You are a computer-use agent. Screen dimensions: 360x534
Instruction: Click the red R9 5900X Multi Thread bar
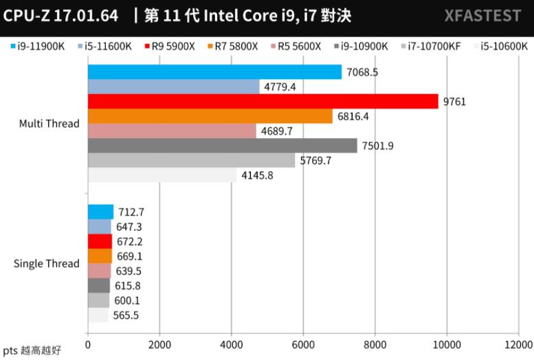pyautogui.click(x=263, y=102)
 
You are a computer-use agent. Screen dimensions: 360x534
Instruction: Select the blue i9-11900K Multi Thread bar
pyautogui.click(x=214, y=72)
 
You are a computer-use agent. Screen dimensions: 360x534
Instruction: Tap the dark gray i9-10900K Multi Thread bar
pyautogui.click(x=222, y=146)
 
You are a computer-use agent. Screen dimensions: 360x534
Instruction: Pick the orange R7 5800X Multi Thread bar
pyautogui.click(x=210, y=116)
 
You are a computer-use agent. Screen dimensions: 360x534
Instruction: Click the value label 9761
pyautogui.click(x=454, y=102)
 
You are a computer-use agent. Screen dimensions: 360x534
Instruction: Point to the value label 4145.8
pyautogui.click(x=256, y=175)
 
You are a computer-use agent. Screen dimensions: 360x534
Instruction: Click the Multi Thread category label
pyautogui.click(x=49, y=124)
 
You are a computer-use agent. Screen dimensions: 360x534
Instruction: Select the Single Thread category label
pyautogui.click(x=46, y=264)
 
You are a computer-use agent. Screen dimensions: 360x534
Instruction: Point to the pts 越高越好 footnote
pyautogui.click(x=32, y=350)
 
